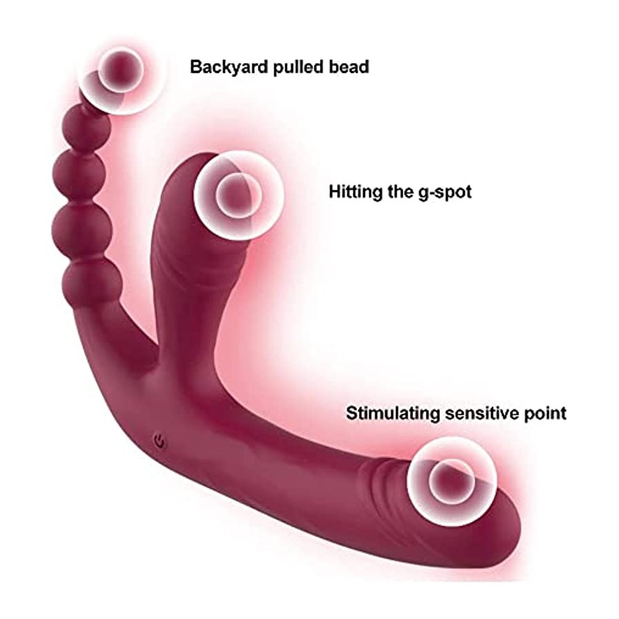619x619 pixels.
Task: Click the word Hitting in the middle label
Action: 356,193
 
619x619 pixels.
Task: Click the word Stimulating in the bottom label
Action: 394,413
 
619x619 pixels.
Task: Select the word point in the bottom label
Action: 545,414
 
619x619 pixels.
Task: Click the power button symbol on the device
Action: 160,440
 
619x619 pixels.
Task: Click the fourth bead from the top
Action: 81,225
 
